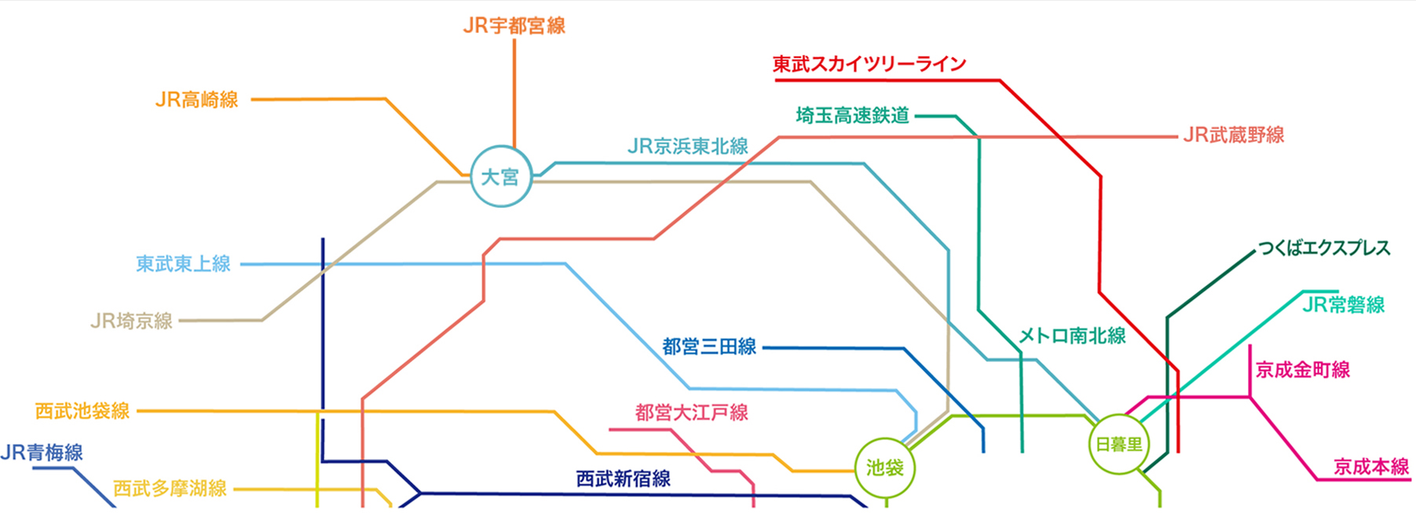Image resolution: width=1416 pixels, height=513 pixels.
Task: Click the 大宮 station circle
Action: click(500, 176)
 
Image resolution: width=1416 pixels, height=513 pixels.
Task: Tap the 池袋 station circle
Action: click(885, 468)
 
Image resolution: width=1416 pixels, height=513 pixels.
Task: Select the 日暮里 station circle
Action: click(1118, 445)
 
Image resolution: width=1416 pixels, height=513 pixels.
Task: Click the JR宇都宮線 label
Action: click(514, 26)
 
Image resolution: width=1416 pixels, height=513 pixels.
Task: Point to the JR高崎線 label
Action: click(197, 100)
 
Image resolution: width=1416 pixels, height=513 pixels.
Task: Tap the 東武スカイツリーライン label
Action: click(869, 64)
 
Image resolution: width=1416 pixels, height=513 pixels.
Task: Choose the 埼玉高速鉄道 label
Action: click(853, 116)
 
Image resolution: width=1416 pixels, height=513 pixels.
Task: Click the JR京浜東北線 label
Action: click(688, 147)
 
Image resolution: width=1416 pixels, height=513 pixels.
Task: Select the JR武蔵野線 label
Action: click(1234, 135)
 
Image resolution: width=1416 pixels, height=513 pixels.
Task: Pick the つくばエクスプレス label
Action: click(1324, 249)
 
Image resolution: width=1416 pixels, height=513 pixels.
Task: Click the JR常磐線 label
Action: click(1343, 304)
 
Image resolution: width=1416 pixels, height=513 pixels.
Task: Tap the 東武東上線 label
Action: click(183, 264)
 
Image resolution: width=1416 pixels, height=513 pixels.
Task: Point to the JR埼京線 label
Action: click(131, 321)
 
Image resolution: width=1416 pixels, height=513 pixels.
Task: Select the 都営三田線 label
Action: click(709, 347)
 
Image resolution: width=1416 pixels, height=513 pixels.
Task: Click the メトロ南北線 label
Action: click(1072, 336)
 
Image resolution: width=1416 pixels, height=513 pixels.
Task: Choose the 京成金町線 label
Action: click(1303, 369)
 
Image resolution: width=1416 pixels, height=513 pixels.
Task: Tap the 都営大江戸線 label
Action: click(691, 413)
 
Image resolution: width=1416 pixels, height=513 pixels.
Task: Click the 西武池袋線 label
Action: click(82, 411)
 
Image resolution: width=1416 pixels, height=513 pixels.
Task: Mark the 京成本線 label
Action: click(1371, 468)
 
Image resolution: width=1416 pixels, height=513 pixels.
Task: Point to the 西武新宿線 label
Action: click(624, 478)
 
